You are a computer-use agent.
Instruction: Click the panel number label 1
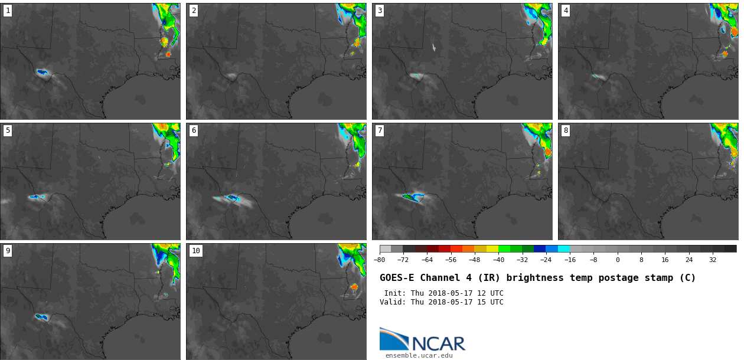click(x=8, y=11)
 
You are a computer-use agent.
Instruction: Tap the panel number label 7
click(x=380, y=130)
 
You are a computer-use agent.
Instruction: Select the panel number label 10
click(x=195, y=251)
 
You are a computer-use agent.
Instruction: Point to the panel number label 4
click(x=566, y=11)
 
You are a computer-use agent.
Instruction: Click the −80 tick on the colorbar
click(x=380, y=260)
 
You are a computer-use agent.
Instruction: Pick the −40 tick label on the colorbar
click(x=498, y=260)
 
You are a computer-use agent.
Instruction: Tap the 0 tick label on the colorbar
click(x=618, y=260)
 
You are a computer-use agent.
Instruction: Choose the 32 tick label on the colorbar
click(x=713, y=260)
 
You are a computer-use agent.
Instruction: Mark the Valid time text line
click(x=442, y=302)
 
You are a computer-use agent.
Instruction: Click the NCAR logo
click(x=422, y=340)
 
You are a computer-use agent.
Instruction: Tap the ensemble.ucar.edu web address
click(x=419, y=355)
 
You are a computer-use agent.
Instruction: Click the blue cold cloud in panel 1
click(x=42, y=72)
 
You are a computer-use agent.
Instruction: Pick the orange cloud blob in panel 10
click(x=354, y=287)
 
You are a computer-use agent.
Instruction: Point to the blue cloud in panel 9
click(x=41, y=317)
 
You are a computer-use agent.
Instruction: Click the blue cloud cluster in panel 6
click(x=232, y=198)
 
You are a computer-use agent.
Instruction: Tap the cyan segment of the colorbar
click(x=564, y=249)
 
